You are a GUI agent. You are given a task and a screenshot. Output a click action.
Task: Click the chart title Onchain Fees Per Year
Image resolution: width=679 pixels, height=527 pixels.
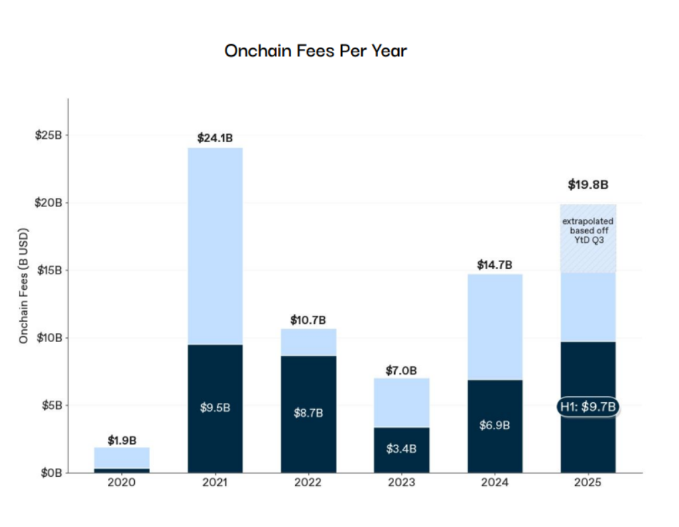click(315, 51)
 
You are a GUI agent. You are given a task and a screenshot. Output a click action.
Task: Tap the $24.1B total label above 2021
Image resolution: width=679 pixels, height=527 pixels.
click(214, 138)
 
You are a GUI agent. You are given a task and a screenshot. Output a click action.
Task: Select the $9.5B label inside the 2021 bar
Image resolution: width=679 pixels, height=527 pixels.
click(214, 408)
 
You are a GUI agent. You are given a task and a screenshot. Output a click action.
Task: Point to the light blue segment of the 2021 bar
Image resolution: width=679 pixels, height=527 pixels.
click(214, 245)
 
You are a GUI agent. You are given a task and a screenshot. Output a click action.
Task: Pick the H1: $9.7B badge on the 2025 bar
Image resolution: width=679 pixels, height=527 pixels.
click(588, 406)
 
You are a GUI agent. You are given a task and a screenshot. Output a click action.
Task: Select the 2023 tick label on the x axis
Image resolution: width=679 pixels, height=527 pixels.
click(402, 483)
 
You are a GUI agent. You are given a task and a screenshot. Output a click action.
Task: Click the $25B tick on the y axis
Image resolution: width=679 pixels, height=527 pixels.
click(48, 135)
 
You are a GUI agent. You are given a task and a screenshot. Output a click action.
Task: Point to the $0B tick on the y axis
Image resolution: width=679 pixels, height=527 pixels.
click(51, 473)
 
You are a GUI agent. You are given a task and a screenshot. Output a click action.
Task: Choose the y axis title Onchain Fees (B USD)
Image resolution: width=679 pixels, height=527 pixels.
click(23, 286)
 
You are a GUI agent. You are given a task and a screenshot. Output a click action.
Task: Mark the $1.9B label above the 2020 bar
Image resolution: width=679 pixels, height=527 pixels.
click(121, 441)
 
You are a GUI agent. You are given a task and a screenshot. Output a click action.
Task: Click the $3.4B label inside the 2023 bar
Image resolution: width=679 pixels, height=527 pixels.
click(402, 449)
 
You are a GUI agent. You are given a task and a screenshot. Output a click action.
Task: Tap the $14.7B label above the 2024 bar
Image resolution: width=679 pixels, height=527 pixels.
click(495, 265)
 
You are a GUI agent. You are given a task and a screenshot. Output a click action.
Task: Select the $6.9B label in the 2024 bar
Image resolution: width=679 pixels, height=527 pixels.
click(495, 426)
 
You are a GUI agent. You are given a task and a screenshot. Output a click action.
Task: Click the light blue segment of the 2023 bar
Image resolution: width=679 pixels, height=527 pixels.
click(402, 402)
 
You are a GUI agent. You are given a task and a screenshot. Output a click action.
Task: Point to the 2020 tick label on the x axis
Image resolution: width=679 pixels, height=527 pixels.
click(121, 483)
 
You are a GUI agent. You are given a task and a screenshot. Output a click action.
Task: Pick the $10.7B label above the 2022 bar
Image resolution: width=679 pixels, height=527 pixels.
click(308, 320)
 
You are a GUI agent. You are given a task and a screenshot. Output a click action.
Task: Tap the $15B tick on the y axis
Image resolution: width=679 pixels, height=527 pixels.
click(48, 270)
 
